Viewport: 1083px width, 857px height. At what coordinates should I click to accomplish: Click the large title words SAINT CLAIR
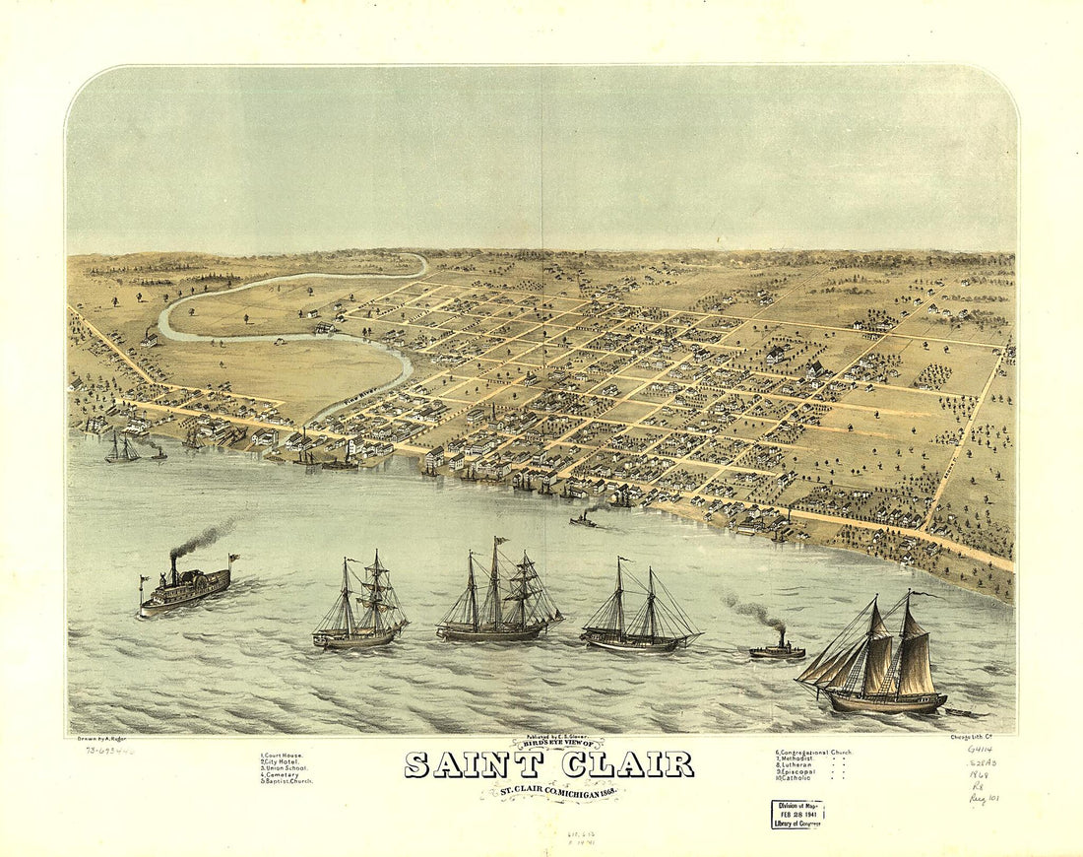[x=548, y=764]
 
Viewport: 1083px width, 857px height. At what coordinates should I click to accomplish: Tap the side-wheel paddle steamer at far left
[x=184, y=589]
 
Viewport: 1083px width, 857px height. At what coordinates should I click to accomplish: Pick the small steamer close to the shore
[x=583, y=519]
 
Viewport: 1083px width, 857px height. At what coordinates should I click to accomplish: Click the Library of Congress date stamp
[x=796, y=814]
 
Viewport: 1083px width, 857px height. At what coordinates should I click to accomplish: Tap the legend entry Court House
[x=282, y=755]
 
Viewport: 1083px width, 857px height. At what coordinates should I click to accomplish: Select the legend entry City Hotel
[x=282, y=761]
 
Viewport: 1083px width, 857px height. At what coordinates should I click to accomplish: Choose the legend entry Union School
[x=284, y=768]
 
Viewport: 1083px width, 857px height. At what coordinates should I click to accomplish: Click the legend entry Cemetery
[x=281, y=774]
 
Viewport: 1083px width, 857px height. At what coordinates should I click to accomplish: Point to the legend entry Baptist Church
[x=287, y=781]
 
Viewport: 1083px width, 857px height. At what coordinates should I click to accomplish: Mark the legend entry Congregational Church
[x=813, y=753]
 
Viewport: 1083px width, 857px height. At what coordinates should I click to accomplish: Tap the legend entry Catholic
[x=794, y=778]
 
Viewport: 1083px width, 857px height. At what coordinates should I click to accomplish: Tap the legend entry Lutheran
[x=796, y=764]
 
